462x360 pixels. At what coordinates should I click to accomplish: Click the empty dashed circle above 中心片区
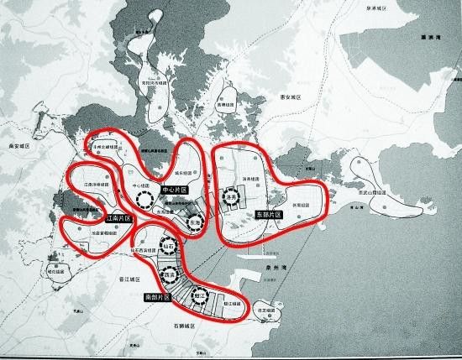coord(145,198)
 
